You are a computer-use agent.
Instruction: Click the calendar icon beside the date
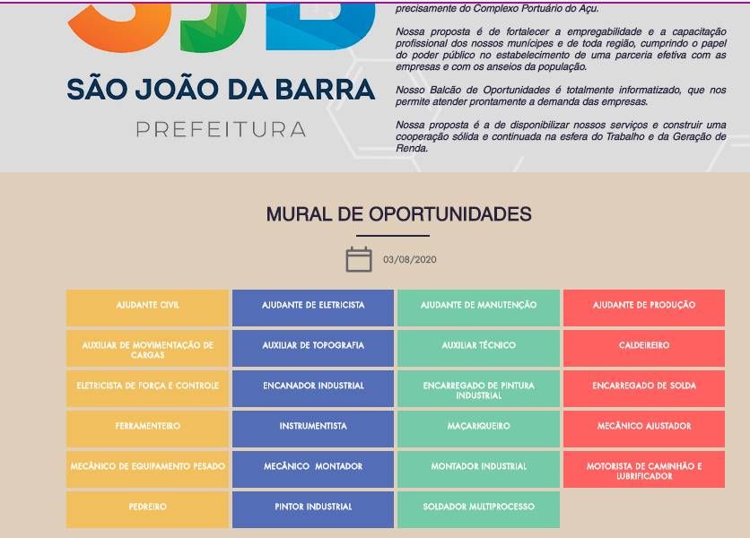point(359,260)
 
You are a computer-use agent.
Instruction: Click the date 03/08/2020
point(409,260)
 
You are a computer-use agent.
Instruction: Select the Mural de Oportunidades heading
point(398,213)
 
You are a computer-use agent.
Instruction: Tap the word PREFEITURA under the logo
point(221,130)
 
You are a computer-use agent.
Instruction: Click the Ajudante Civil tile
point(147,308)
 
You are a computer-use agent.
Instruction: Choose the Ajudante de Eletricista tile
point(313,308)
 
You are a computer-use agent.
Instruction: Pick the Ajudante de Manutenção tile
point(478,308)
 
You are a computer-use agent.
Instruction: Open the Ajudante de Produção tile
point(644,308)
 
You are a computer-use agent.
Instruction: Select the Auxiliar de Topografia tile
point(313,348)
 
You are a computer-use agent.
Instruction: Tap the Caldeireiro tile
point(644,348)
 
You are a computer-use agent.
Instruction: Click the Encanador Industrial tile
point(313,388)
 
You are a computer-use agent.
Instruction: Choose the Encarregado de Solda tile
point(644,388)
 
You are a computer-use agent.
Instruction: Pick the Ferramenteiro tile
point(147,429)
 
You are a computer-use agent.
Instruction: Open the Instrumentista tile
point(313,429)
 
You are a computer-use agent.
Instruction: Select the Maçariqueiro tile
point(478,429)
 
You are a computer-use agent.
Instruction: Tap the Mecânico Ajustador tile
point(644,429)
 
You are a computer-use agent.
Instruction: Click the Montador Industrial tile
point(478,469)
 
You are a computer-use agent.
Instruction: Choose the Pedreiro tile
point(147,510)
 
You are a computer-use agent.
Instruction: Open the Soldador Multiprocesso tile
point(478,510)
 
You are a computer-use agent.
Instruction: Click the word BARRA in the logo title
point(326,90)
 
